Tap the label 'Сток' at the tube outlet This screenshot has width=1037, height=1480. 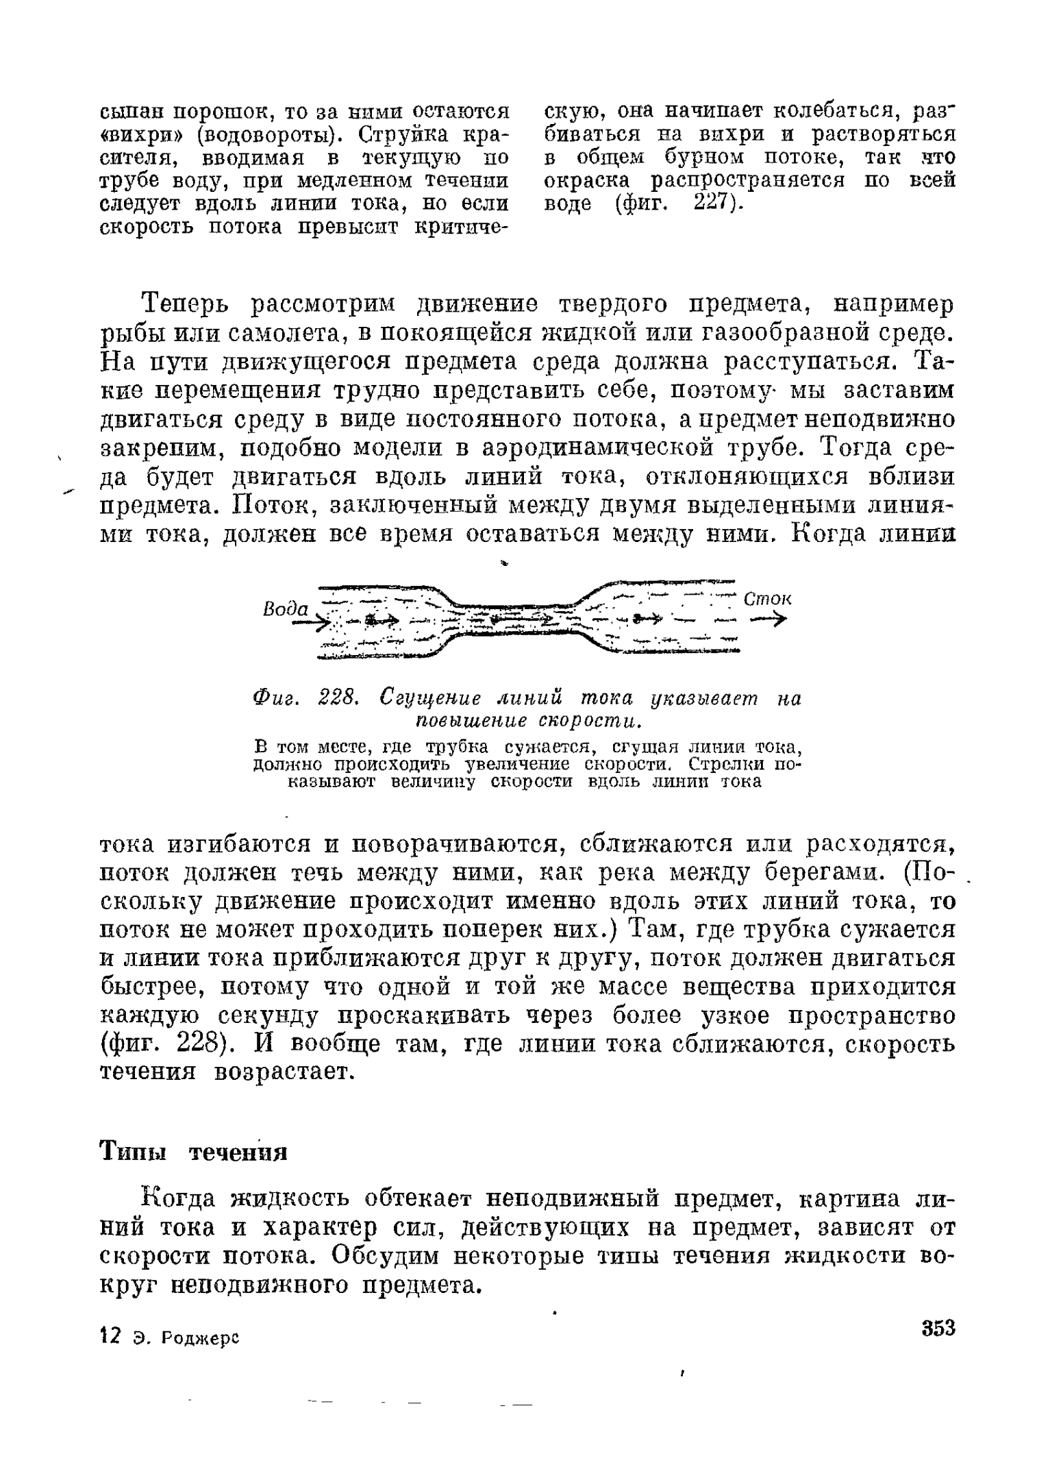[767, 598]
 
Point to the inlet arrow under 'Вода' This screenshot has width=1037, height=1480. [310, 623]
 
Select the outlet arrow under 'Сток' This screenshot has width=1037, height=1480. [768, 619]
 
